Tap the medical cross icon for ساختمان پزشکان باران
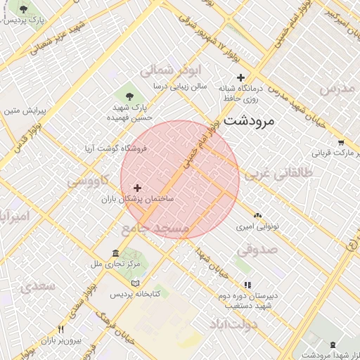coord(136,188)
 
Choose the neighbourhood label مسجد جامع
coord(155,229)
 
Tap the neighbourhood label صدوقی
coord(257,249)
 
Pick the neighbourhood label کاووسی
coord(88,181)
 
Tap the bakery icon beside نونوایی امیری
coord(257,215)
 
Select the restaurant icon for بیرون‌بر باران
coord(62,329)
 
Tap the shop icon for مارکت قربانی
coord(340,141)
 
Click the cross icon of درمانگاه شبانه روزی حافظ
coord(241,77)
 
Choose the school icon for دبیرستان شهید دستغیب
coord(247,285)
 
